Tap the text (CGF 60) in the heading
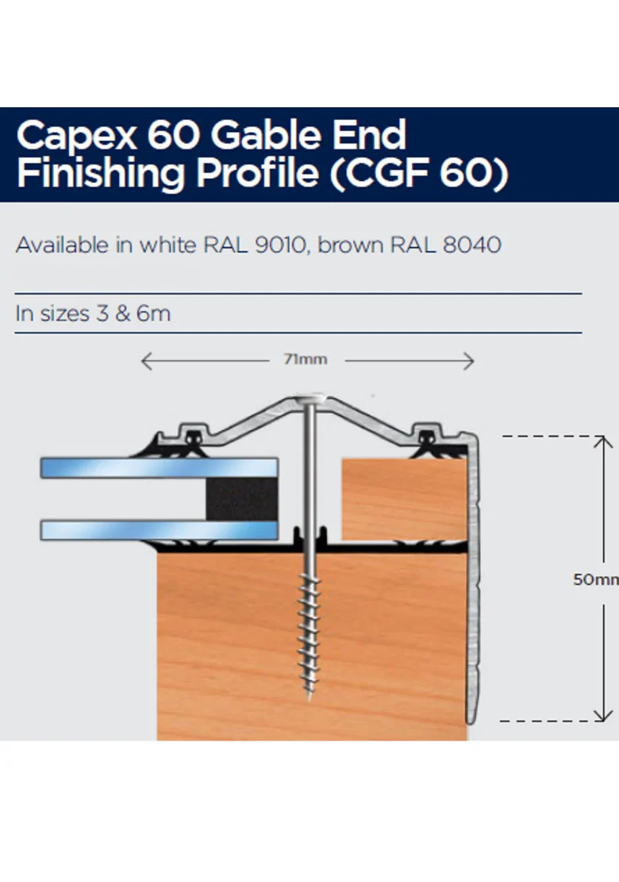(x=417, y=173)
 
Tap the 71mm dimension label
(x=306, y=360)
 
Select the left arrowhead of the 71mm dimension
(x=145, y=362)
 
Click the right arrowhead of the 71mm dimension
(x=469, y=362)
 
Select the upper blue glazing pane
(x=159, y=467)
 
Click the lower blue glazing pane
(x=159, y=529)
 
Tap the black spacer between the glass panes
(x=241, y=498)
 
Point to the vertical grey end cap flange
(x=474, y=580)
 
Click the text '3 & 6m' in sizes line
(x=133, y=313)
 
